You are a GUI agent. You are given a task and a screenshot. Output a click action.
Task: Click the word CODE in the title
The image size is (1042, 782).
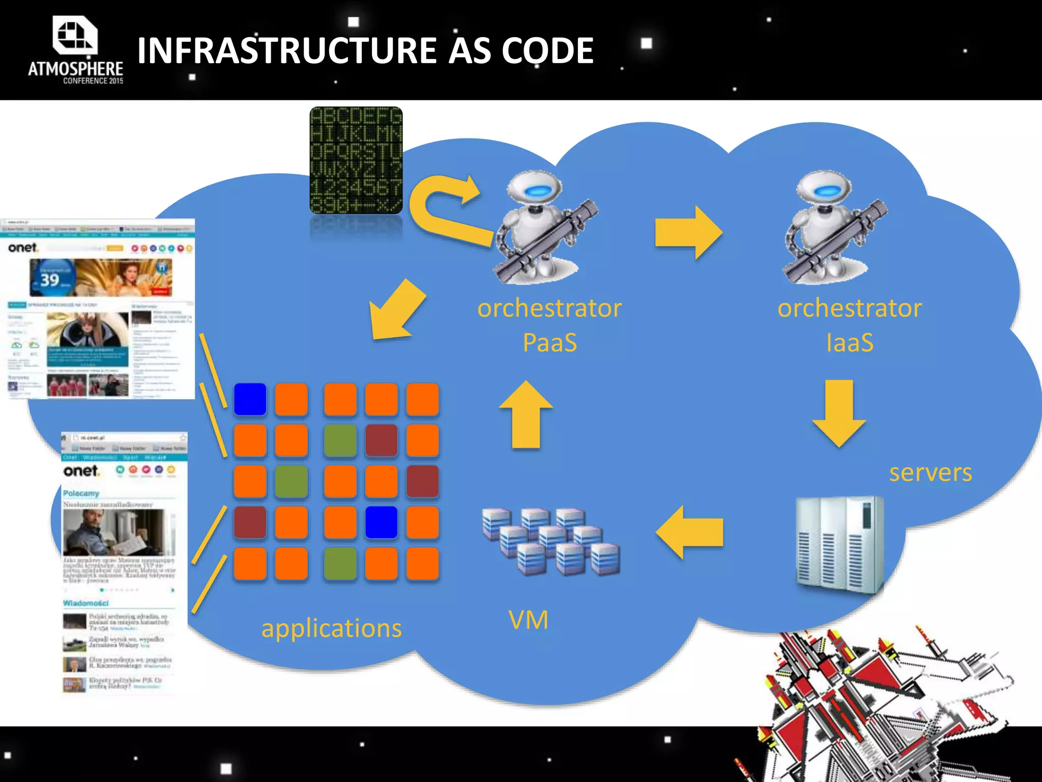tap(547, 51)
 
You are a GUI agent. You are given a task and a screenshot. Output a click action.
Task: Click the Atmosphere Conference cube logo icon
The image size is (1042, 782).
tap(74, 35)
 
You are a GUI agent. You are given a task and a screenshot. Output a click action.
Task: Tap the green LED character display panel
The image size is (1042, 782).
tap(356, 160)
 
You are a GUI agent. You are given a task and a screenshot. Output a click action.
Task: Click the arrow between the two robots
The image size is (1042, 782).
tap(688, 233)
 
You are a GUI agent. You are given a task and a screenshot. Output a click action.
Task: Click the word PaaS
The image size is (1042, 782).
tap(549, 343)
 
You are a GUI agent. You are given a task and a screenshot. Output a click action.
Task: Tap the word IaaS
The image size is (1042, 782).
tap(850, 343)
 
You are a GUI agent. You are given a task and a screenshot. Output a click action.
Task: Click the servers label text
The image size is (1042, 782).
tap(930, 472)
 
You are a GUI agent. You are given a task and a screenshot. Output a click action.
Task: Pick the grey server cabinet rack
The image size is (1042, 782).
tap(840, 545)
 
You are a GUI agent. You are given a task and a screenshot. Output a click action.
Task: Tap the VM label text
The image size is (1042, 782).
tap(529, 620)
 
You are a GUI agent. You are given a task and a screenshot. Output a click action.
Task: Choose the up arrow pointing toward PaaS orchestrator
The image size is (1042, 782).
tap(526, 414)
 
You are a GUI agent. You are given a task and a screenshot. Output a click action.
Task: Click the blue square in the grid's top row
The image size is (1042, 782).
tap(250, 399)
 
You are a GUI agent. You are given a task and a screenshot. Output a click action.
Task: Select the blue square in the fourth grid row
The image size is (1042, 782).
tap(381, 522)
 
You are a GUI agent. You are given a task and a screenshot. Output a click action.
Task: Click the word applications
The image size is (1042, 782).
tap(331, 628)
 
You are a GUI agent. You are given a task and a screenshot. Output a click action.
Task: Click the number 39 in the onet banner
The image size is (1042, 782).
tap(50, 280)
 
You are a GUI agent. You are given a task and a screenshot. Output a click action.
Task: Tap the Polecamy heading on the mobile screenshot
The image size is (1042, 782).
tap(81, 493)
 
